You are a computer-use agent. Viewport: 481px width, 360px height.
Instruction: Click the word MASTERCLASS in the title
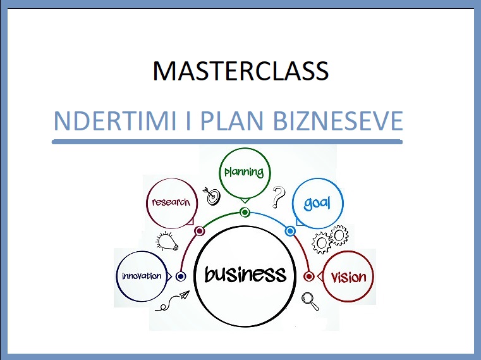point(241,71)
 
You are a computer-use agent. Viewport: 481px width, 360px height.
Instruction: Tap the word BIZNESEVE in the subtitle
point(338,121)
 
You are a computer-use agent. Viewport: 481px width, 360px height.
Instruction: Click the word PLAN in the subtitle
point(232,121)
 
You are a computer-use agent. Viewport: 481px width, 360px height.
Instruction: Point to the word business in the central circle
point(245,274)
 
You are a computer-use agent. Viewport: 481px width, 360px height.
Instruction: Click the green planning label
point(244,172)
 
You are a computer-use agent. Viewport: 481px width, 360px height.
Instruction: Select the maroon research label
point(171,202)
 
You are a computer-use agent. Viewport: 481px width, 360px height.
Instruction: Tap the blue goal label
point(317,203)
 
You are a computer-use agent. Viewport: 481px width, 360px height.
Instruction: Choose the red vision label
point(349,277)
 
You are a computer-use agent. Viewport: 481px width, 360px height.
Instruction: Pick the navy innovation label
point(142,276)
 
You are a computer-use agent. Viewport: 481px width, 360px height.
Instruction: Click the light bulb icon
point(167,242)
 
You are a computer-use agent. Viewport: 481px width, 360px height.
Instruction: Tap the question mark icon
point(278,197)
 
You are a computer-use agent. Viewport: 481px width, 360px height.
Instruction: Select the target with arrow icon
point(212,196)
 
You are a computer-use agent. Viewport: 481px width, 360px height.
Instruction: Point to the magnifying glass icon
point(310,301)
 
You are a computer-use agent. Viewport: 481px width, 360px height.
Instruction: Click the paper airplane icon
point(185,295)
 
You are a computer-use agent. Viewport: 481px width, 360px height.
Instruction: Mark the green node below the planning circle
point(245,212)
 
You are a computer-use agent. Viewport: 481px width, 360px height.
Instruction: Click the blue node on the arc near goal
point(290,231)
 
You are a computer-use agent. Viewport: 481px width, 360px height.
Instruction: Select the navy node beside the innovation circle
point(181,276)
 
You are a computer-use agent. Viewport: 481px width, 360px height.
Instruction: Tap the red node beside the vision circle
point(309,276)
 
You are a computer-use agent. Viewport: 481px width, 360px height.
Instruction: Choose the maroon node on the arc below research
point(199,231)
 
